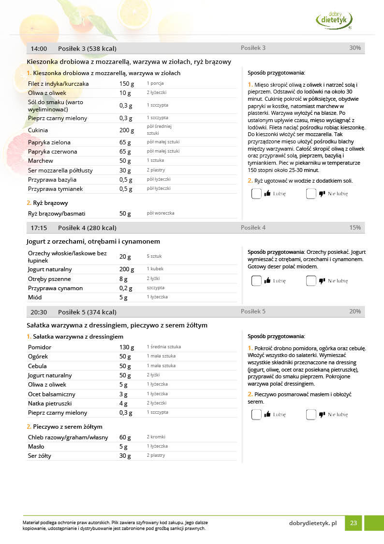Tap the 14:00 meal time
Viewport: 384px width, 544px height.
click(39, 48)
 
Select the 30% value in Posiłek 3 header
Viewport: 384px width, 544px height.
click(354, 48)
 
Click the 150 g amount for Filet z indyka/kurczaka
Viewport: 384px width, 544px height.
click(127, 84)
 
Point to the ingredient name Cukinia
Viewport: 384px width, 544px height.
click(38, 130)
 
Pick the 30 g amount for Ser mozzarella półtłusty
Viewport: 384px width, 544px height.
click(125, 171)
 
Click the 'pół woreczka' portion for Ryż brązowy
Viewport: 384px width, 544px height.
click(161, 213)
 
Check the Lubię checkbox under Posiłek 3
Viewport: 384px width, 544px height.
click(256, 193)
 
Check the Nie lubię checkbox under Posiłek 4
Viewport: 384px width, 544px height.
click(311, 280)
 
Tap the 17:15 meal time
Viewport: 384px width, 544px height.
click(39, 228)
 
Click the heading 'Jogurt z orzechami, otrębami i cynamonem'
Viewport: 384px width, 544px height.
click(93, 241)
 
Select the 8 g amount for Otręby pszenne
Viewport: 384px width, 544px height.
click(123, 279)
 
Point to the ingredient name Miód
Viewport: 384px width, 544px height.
click(35, 297)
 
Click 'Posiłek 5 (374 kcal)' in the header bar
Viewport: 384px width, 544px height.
click(87, 312)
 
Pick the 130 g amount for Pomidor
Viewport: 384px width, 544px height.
click(127, 347)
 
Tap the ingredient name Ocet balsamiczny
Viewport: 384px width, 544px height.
click(51, 394)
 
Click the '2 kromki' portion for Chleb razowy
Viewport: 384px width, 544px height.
click(156, 437)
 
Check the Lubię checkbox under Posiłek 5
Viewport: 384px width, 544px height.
click(256, 414)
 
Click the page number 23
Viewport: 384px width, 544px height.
click(354, 523)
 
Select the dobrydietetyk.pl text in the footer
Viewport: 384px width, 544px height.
click(312, 523)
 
